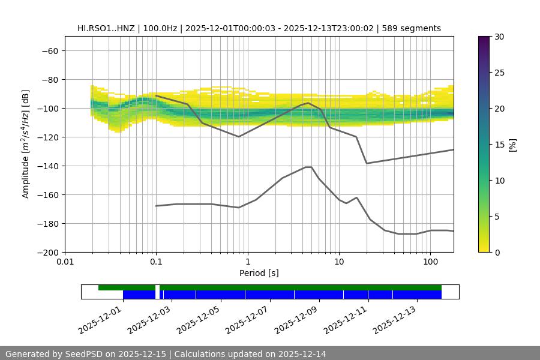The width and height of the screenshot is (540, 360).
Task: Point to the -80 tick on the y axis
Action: pos(49,80)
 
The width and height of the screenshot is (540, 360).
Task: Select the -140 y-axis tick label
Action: pos(47,166)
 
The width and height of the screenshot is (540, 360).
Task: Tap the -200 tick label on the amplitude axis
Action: pos(47,253)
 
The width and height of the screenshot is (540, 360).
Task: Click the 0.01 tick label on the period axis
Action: pos(65,262)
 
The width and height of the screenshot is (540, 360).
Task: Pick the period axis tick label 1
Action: pos(247,262)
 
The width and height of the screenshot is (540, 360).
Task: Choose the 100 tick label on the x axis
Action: pos(430,262)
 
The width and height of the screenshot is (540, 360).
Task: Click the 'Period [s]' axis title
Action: pos(259,273)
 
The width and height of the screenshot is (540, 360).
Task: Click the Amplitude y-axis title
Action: pos(26,144)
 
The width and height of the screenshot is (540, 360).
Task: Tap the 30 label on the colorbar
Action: pos(499,37)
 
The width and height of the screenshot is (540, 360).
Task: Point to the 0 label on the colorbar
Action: pos(497,253)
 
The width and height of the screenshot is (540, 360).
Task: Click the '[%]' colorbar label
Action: pos(512,145)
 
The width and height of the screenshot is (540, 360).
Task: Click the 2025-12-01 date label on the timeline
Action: pos(99,318)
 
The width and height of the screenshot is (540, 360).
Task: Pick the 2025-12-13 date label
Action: pos(394,318)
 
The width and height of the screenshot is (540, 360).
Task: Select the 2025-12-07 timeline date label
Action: pos(246,318)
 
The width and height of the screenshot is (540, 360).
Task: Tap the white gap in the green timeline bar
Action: pos(157,288)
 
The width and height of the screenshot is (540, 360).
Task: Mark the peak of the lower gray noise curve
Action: pos(308,167)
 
